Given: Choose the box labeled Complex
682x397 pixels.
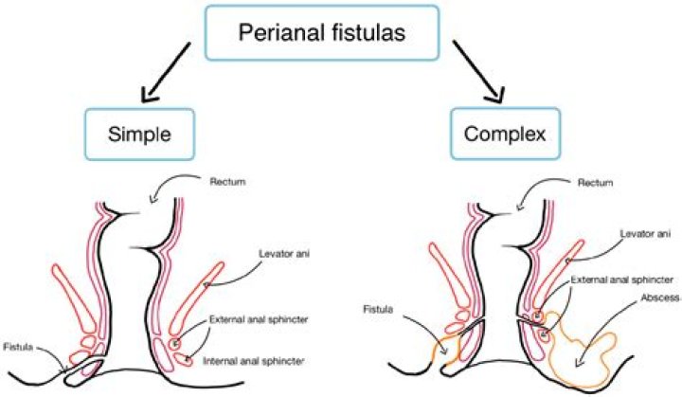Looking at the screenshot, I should [505, 134].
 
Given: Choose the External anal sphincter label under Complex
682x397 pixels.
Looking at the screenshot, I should [609, 281].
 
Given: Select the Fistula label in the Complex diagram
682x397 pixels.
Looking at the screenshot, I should [378, 309].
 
